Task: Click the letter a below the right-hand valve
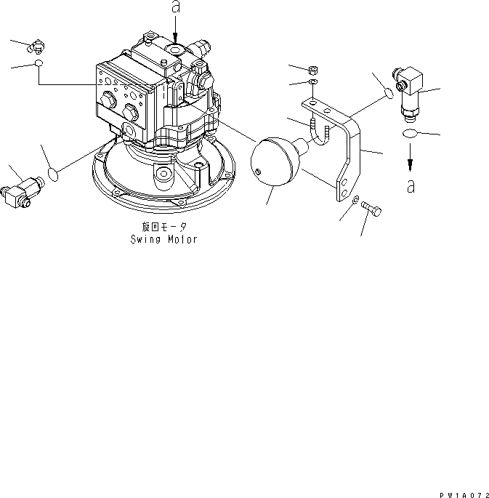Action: pos(411,186)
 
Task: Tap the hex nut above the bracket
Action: pos(313,71)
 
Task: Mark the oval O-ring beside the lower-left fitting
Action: pos(52,173)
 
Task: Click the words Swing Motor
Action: pos(163,239)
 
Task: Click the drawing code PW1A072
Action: pos(461,493)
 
